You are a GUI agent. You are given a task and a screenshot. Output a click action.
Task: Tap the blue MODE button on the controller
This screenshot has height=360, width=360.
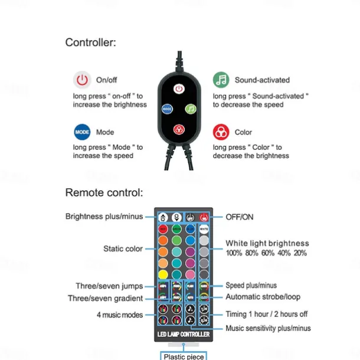coord(167,109)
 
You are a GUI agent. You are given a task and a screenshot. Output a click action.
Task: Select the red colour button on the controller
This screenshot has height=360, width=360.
coord(179,129)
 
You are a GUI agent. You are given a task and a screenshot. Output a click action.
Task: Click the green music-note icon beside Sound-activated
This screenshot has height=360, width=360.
coord(221,80)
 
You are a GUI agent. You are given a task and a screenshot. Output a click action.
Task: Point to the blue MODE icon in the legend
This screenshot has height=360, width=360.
coord(81,132)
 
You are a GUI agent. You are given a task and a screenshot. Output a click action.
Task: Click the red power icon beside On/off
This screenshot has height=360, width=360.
coord(81,80)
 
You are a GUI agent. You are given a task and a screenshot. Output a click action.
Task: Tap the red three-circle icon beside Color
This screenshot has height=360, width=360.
coord(221,132)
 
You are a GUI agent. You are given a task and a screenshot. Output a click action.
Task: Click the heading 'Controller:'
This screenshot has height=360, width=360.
coord(90,42)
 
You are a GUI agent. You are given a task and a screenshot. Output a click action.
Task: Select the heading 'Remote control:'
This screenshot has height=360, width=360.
coord(103,192)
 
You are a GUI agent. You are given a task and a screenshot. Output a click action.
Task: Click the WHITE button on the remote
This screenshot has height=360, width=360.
coord(203,229)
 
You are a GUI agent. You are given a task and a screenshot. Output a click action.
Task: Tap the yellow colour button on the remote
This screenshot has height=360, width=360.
coord(163,274)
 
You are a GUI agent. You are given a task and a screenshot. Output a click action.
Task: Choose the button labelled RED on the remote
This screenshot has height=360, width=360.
coord(163,229)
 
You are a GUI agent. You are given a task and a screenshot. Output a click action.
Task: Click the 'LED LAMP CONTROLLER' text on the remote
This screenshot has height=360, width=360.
coord(182,335)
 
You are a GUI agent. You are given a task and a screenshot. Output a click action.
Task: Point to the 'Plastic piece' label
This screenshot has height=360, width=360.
coord(184,356)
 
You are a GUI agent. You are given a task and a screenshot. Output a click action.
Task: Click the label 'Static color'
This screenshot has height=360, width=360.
coord(123,249)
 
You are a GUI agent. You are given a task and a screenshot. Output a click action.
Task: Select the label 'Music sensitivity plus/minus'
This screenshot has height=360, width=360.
coord(268,328)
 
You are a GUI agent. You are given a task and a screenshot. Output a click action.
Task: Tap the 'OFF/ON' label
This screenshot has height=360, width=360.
coord(240,217)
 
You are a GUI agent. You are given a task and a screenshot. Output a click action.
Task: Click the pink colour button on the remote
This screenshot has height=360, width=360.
coord(190,274)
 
